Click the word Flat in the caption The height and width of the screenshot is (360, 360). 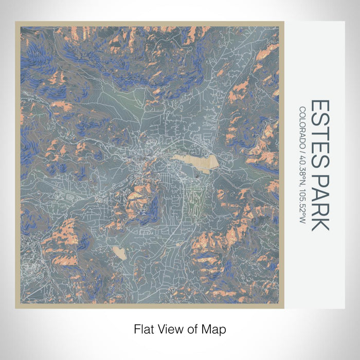(x=145, y=328)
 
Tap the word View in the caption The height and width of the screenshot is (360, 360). (x=167, y=328)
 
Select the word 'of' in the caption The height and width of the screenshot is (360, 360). (x=186, y=328)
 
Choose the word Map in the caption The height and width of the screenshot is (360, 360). (x=205, y=328)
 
